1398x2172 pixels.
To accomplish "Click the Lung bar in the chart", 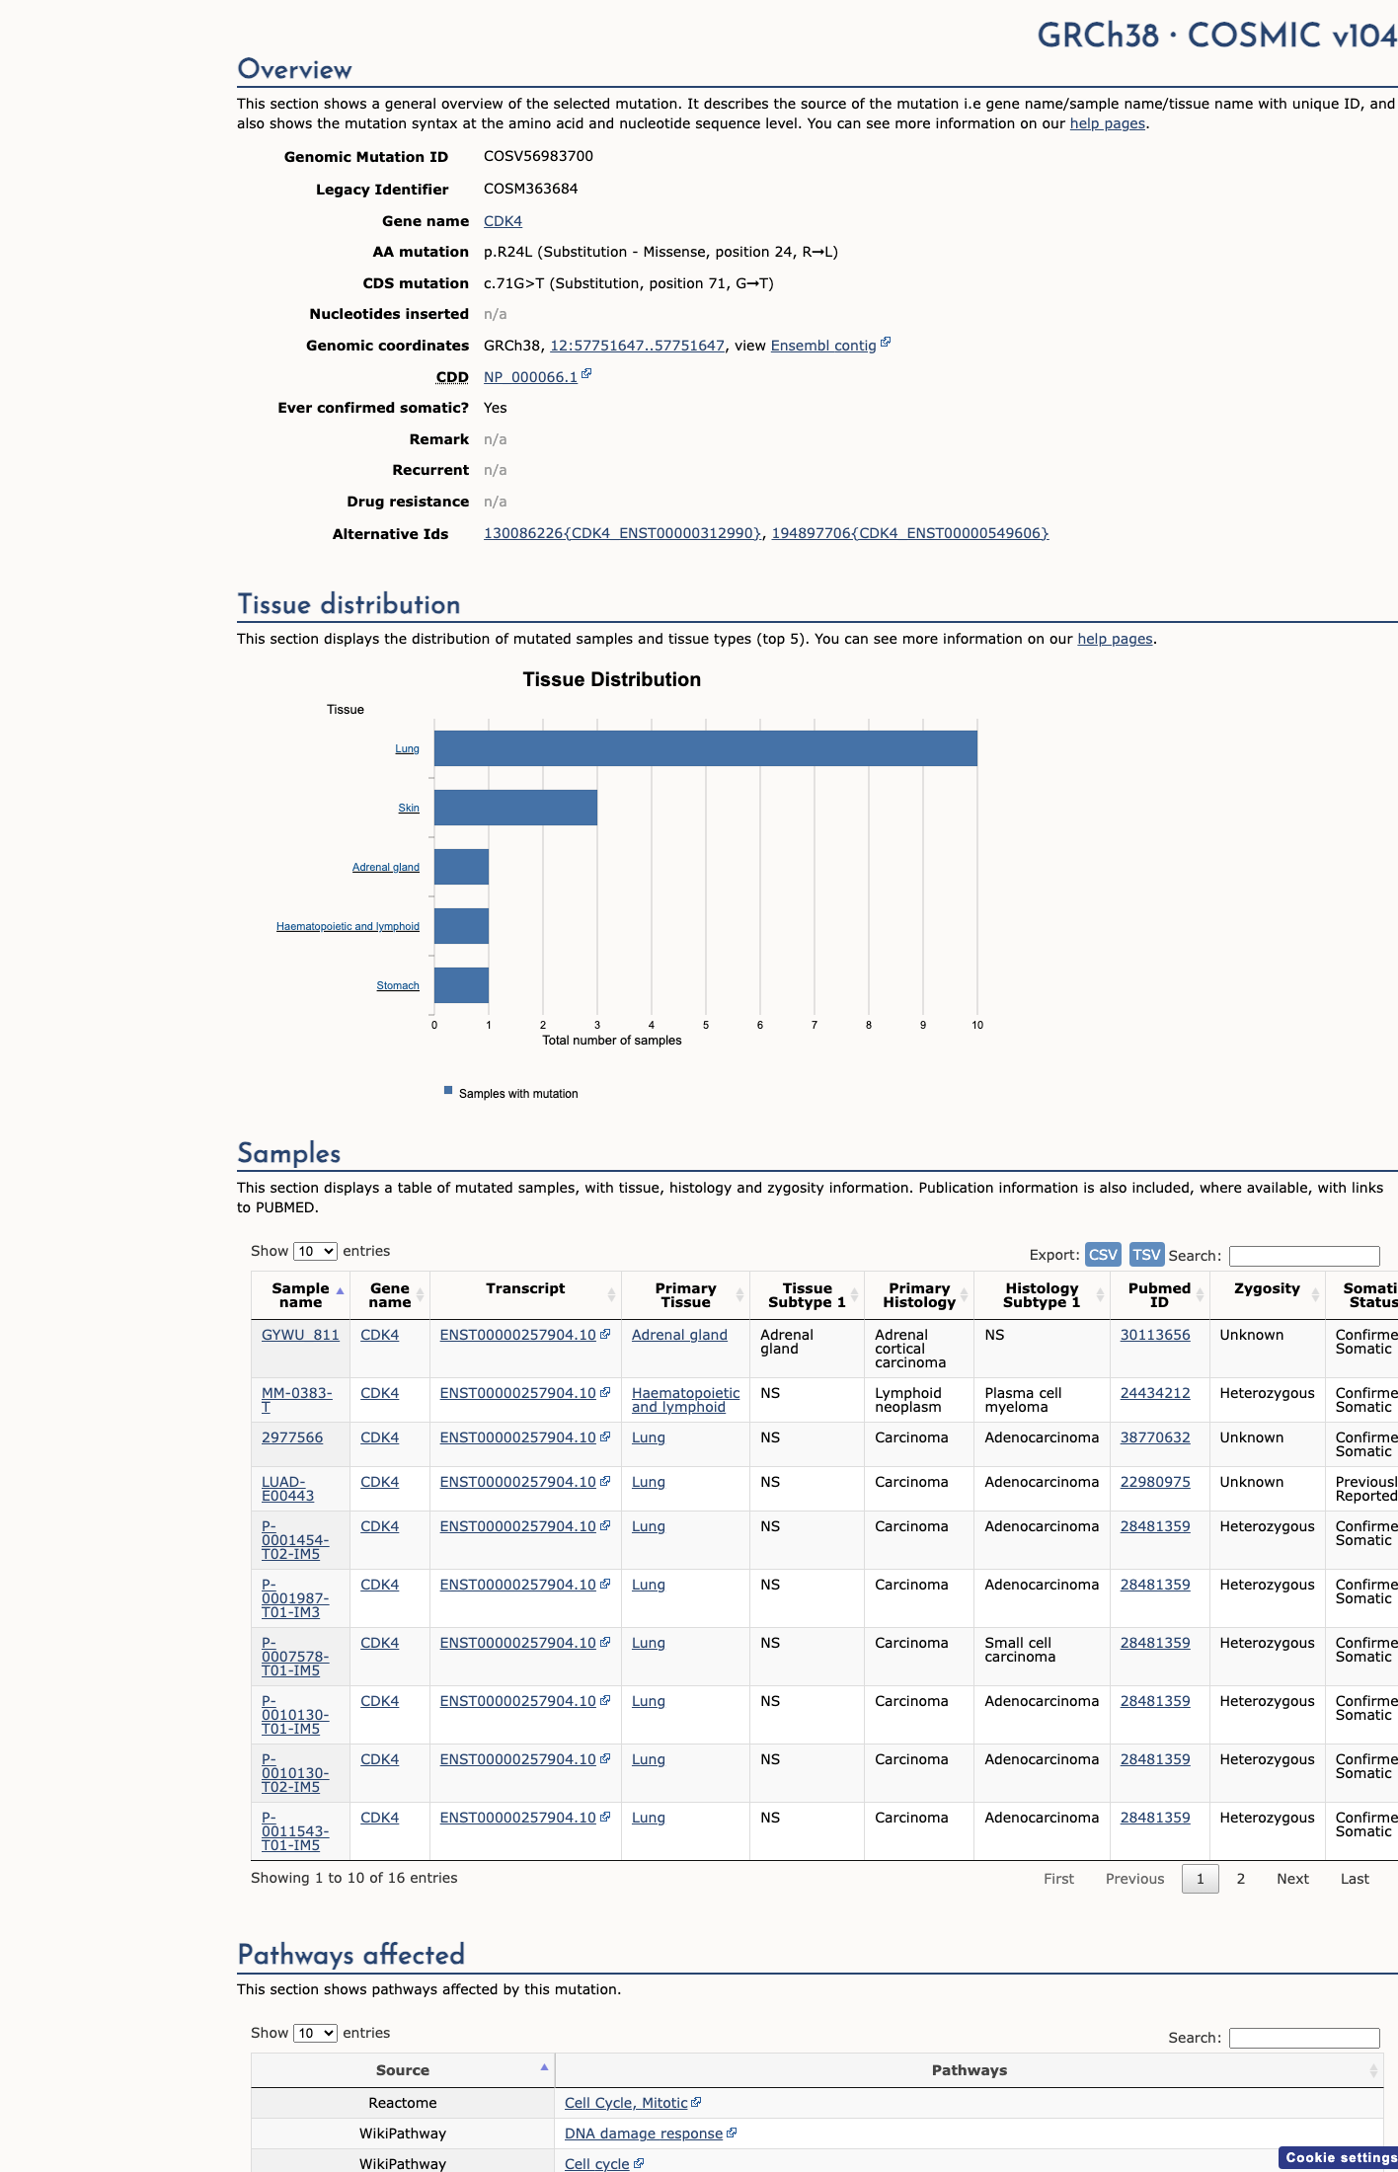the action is (x=706, y=748).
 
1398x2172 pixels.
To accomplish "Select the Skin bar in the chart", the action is (x=515, y=808).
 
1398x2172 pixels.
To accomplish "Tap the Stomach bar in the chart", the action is (x=461, y=985).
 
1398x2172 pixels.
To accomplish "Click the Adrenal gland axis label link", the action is (x=386, y=868).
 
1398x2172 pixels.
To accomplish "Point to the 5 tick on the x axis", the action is (x=706, y=1025).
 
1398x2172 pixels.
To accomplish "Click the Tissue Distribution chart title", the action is (x=612, y=679).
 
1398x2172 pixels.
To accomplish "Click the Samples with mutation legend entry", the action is (x=511, y=1093).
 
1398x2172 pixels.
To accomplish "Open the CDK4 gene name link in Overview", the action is (x=503, y=221).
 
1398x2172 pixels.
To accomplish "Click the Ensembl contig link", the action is (x=823, y=346).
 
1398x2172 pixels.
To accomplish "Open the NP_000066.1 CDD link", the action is (x=530, y=377).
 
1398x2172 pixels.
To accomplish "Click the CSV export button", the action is (x=1103, y=1255).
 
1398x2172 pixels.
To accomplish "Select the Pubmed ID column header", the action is (x=1159, y=1295).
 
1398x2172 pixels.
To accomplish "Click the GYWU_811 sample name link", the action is (x=300, y=1335).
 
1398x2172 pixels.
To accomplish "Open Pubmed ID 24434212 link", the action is (x=1155, y=1393).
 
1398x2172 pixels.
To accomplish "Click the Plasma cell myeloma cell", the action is (x=1023, y=1400).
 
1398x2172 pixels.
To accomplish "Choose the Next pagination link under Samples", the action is (x=1292, y=1879).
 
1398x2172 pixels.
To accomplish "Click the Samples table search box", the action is (x=1304, y=1256).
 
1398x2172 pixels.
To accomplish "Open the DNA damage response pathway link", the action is (x=644, y=2133).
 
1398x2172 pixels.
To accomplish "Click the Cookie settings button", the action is (x=1341, y=2157).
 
